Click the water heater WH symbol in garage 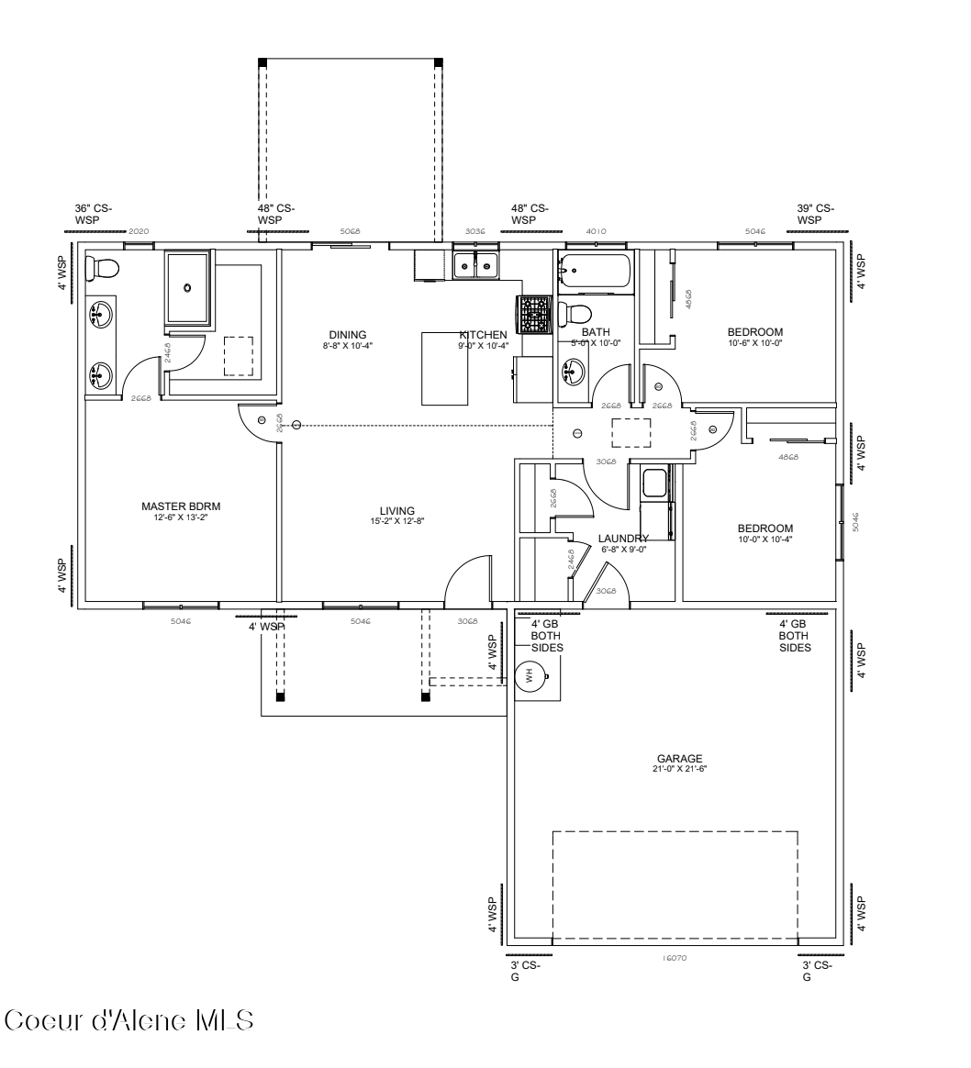click(x=530, y=677)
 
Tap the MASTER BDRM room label click(x=181, y=506)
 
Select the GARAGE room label click(x=679, y=759)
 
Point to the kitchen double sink click(x=475, y=265)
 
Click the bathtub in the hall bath click(x=594, y=273)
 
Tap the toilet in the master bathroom click(x=102, y=268)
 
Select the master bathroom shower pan click(x=187, y=288)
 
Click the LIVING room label click(x=397, y=511)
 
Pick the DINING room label click(x=348, y=334)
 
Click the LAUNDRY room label click(x=624, y=539)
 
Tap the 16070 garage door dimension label click(x=675, y=958)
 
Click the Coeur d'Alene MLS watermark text click(x=128, y=1020)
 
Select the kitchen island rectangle click(x=445, y=369)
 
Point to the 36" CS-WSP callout click(x=94, y=214)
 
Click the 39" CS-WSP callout click(x=815, y=214)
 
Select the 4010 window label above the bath click(x=595, y=232)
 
